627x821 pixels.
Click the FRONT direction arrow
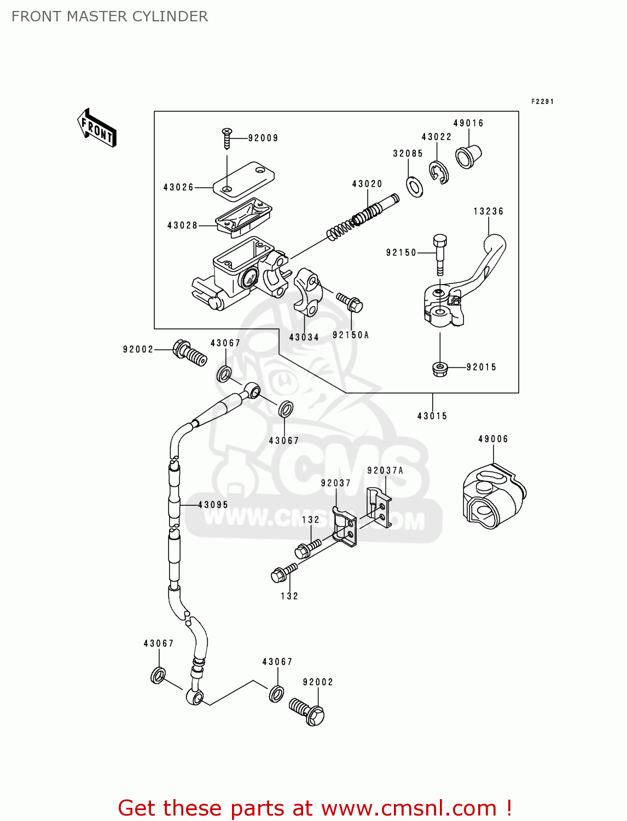coord(97,128)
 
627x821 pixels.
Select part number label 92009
coord(263,138)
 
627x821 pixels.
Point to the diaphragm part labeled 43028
coord(243,217)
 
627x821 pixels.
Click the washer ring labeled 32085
coord(415,187)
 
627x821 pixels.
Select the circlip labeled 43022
coord(439,172)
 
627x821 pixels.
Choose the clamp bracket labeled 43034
coord(307,292)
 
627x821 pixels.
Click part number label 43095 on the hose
coord(213,505)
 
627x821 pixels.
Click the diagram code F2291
coord(542,102)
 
